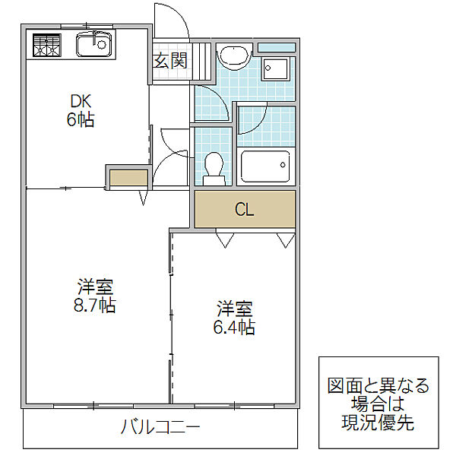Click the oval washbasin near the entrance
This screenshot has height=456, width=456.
[233, 58]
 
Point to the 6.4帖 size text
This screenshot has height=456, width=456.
[235, 328]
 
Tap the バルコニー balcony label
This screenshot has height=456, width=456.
[161, 427]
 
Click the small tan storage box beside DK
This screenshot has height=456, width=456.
[128, 179]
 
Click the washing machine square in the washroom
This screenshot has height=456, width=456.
[275, 69]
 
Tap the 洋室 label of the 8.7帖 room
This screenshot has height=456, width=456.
[95, 287]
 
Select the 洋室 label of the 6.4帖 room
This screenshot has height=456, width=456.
[235, 309]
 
